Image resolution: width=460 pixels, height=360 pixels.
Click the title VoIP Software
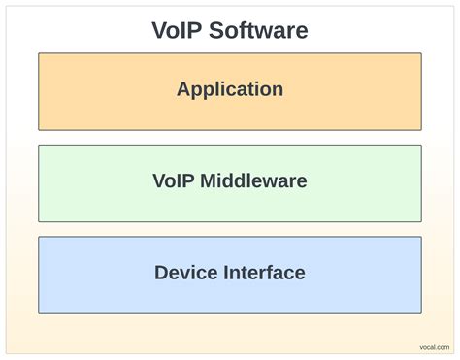pyautogui.click(x=230, y=30)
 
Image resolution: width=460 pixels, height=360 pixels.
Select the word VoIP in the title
pyautogui.click(x=176, y=30)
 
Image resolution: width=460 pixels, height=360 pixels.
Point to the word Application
pyautogui.click(x=230, y=89)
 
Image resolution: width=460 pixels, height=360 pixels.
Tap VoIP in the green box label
pyautogui.click(x=173, y=181)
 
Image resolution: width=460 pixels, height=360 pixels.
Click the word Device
pyautogui.click(x=183, y=273)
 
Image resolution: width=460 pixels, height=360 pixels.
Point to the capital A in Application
pyautogui.click(x=183, y=89)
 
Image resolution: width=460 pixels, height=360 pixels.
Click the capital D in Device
pyautogui.click(x=161, y=273)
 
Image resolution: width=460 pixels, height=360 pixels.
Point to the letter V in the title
pyautogui.click(x=159, y=30)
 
